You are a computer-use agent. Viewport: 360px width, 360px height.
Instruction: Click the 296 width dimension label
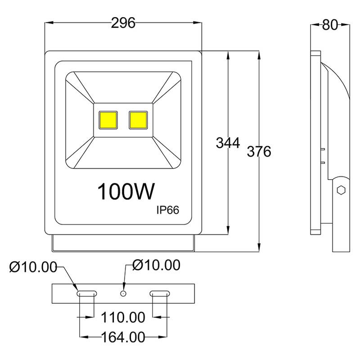(123, 23)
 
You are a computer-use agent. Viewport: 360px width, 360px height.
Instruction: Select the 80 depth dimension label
(330, 25)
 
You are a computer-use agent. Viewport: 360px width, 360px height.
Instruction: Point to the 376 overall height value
(259, 152)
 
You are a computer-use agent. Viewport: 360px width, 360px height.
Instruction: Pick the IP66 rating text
(168, 210)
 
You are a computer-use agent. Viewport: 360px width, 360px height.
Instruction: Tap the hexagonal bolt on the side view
(341, 190)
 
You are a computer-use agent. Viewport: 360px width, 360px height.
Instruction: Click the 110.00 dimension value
(123, 318)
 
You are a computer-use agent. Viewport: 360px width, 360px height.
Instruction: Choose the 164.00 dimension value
(123, 337)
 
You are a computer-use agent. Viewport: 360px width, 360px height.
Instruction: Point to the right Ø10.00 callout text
(156, 265)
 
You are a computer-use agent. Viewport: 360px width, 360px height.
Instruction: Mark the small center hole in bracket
(123, 293)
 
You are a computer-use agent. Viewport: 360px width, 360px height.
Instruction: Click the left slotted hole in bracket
(86, 293)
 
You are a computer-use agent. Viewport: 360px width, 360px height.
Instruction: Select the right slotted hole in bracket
(160, 293)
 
